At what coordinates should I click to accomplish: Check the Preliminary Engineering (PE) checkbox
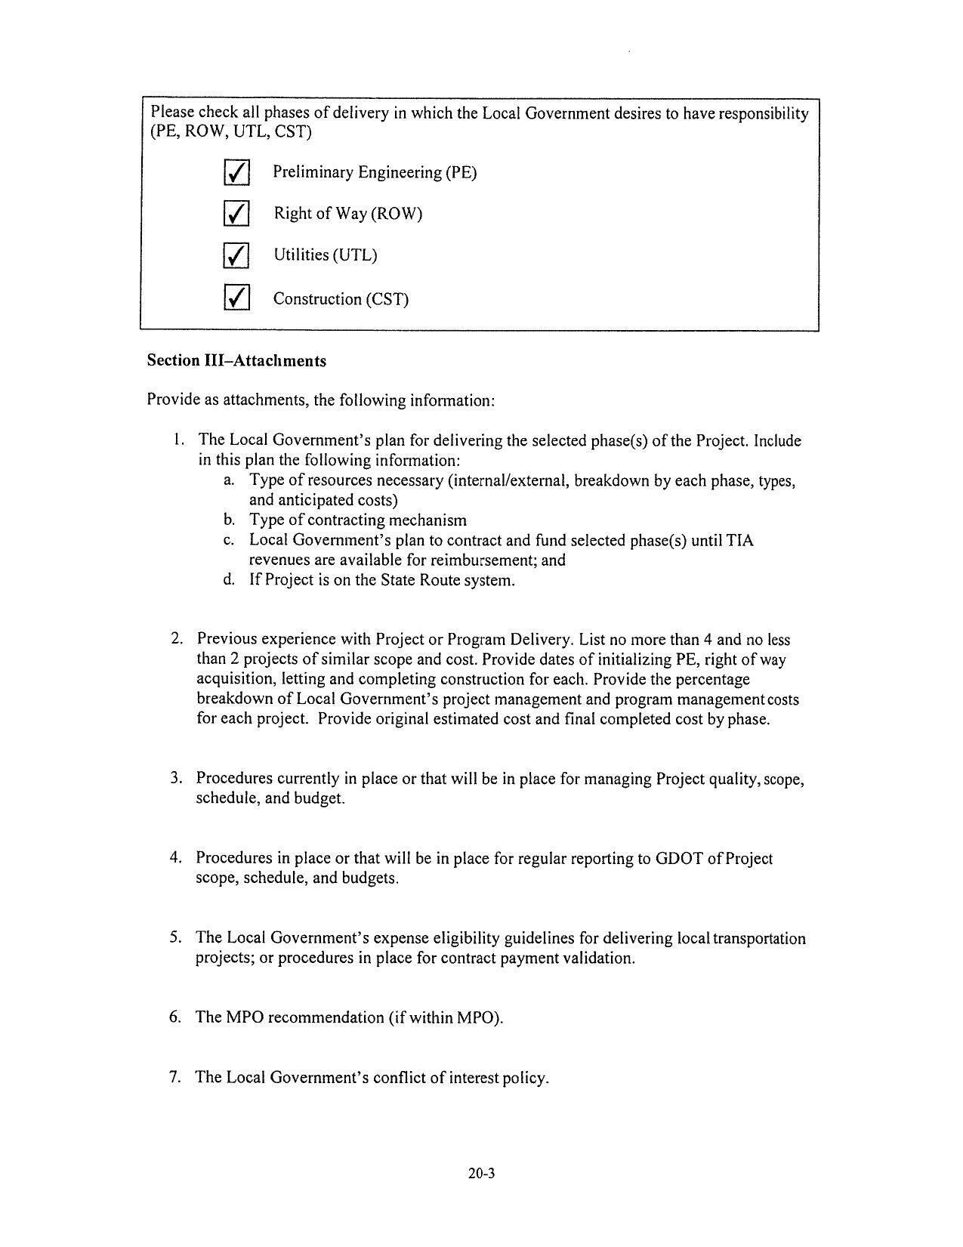coord(236,173)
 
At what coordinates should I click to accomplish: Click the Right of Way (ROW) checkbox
coord(236,214)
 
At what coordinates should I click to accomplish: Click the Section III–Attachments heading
coord(236,361)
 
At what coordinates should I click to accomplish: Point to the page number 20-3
coord(480,1174)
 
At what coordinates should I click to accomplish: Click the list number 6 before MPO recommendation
coord(176,1017)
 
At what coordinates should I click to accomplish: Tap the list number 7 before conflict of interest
coord(175,1077)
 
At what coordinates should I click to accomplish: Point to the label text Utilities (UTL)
coord(325,255)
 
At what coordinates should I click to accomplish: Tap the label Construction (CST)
coord(341,299)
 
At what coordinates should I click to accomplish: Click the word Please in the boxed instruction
coord(173,113)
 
